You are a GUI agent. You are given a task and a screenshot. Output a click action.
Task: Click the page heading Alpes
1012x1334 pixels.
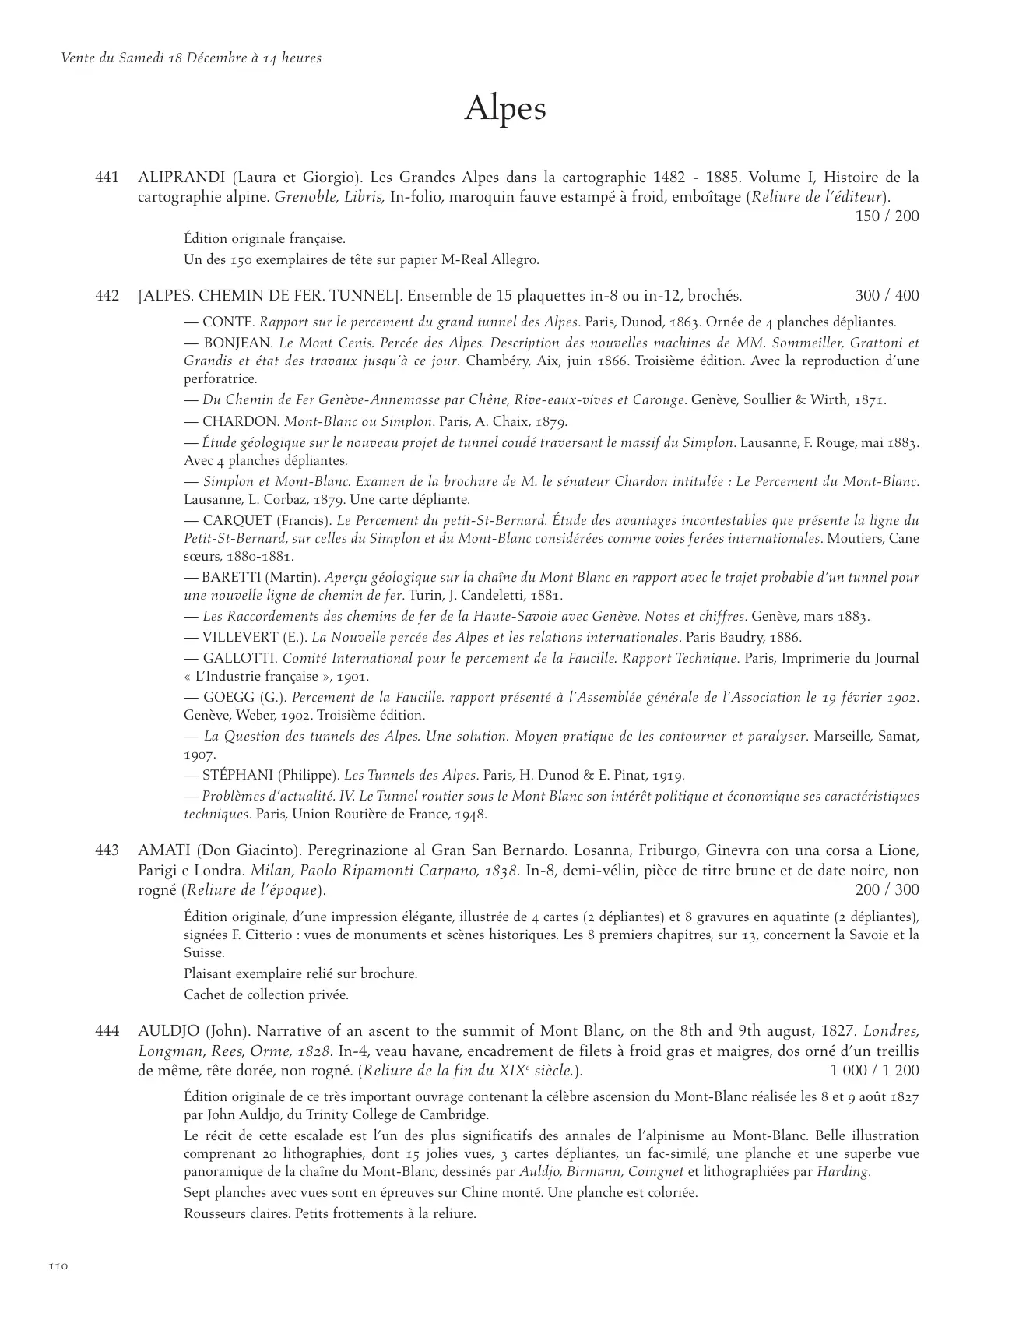505,110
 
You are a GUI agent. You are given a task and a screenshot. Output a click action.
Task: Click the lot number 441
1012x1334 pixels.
107,178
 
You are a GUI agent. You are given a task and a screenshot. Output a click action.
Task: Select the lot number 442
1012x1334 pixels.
107,296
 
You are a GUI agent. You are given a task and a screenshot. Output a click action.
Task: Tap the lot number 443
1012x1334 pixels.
107,850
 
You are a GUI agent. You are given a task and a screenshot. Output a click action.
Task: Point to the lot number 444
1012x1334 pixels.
107,1031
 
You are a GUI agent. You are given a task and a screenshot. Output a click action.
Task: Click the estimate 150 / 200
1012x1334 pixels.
887,216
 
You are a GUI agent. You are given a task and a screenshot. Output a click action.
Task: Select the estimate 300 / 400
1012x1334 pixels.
887,296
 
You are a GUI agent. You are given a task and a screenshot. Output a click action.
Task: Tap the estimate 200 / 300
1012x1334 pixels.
887,889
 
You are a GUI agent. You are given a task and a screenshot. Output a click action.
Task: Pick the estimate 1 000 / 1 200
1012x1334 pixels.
874,1070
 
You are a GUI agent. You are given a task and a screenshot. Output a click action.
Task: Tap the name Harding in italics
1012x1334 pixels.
842,1171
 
